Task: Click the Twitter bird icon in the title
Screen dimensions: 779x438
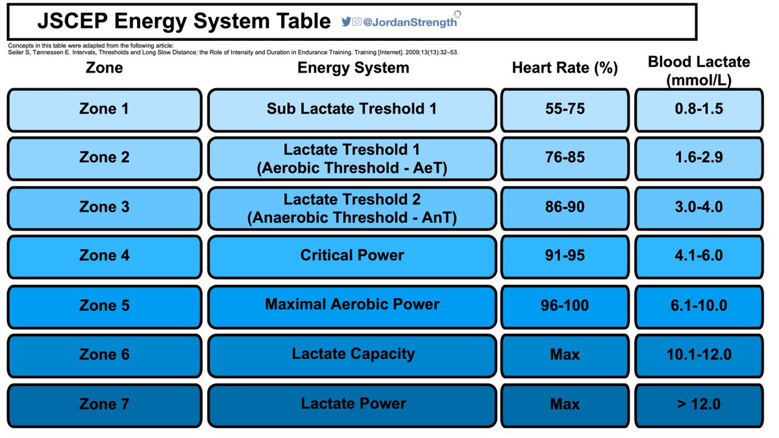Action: click(346, 21)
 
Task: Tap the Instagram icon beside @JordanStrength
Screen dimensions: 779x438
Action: click(357, 21)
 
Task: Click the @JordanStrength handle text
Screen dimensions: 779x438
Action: click(410, 22)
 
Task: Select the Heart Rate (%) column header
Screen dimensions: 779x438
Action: click(565, 67)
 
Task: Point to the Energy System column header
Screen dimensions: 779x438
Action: click(353, 67)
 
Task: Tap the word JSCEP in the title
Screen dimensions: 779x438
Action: click(73, 21)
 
